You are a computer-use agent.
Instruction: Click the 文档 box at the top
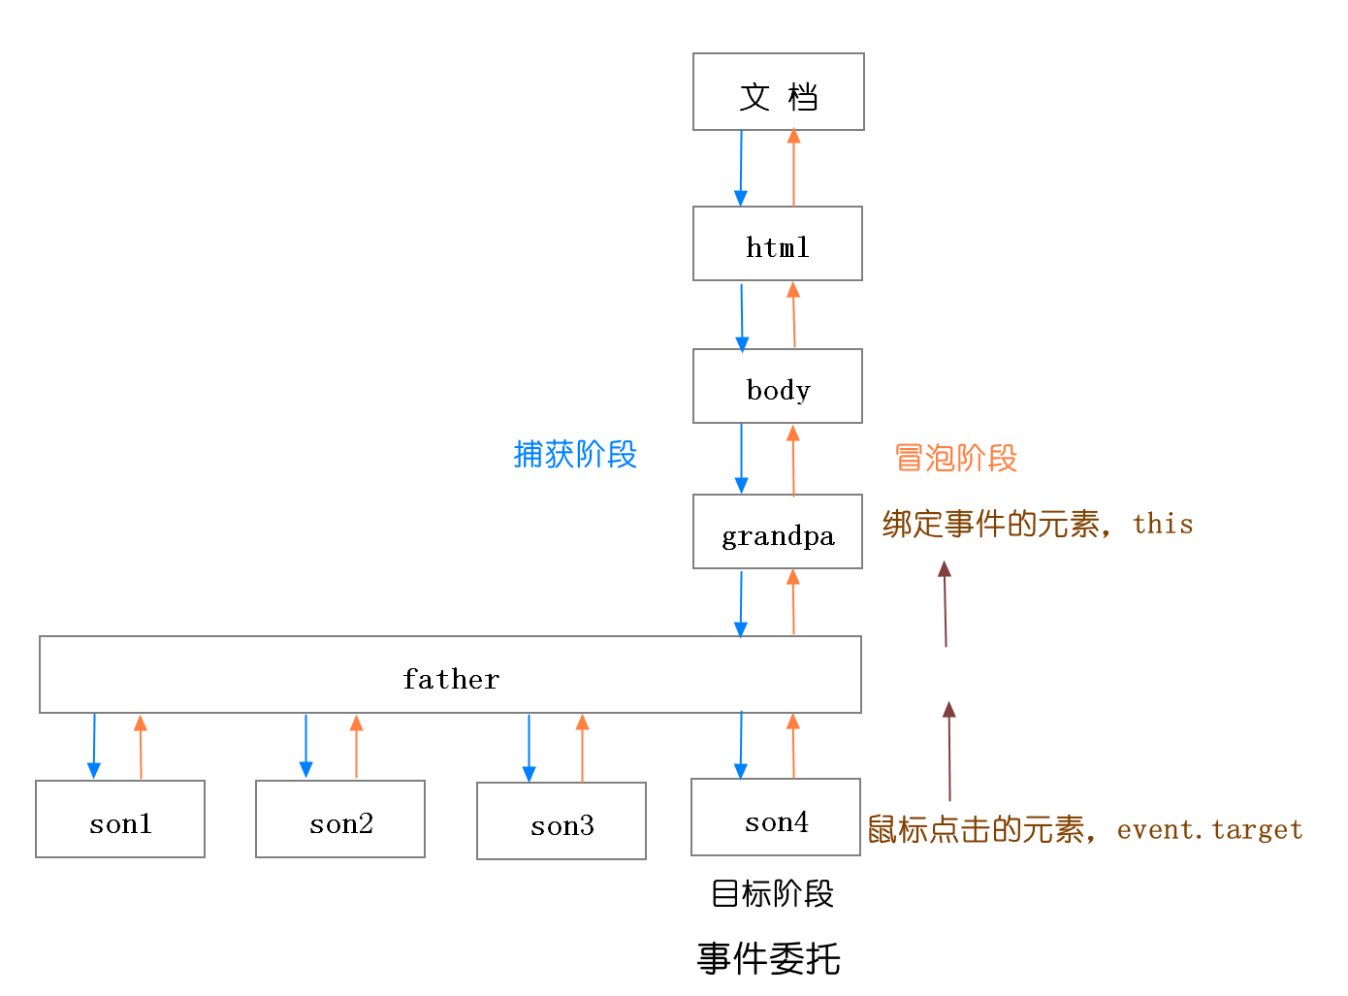coord(778,92)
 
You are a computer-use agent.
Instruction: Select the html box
coord(777,244)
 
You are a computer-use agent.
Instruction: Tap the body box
coord(777,387)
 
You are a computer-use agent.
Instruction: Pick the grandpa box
coord(777,532)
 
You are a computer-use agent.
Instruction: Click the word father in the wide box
coord(451,679)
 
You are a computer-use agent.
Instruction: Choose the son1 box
coord(120,820)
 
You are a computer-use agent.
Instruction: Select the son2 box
coord(340,820)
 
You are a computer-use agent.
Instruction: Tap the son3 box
coord(562,822)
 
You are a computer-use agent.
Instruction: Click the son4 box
coord(776,819)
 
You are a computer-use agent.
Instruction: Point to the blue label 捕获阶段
coord(575,454)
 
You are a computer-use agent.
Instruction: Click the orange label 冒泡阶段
coord(955,458)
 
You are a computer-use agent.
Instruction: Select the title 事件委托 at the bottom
coord(768,958)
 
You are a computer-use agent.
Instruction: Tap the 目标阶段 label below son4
coord(772,893)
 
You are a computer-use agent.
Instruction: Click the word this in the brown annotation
coord(1163,524)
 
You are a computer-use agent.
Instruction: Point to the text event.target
coord(1209,830)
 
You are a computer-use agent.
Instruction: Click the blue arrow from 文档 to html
coord(741,168)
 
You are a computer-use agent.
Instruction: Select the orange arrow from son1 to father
coord(141,747)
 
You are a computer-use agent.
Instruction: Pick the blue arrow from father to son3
coord(529,748)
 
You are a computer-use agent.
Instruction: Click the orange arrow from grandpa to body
coord(793,461)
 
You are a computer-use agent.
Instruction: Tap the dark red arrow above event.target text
coord(949,751)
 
